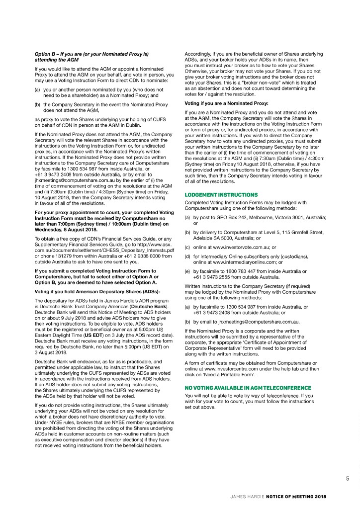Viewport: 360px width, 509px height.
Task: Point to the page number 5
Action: [x=348, y=479]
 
